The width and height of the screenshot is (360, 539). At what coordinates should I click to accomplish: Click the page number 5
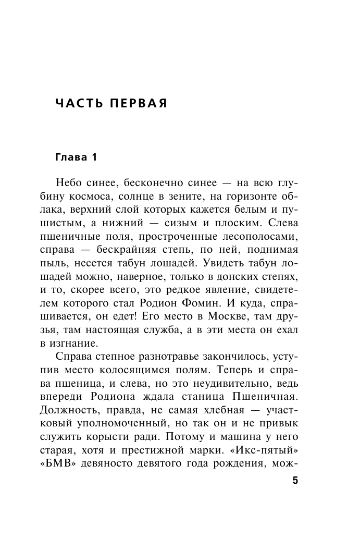pos(295,481)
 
